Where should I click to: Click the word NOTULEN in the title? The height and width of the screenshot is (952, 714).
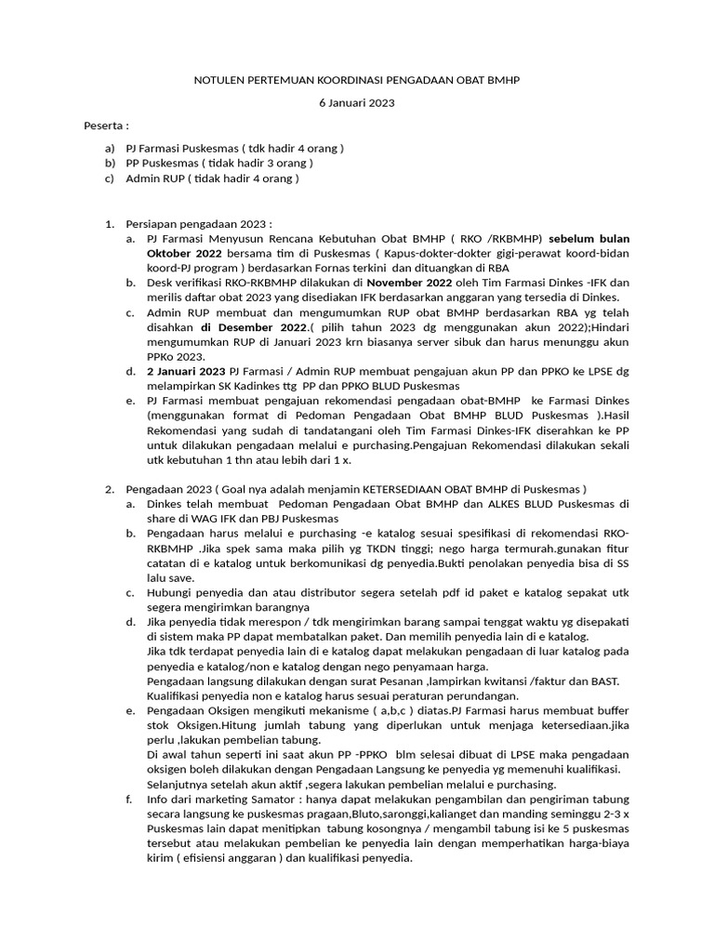[216, 81]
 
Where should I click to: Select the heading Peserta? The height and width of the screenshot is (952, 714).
[105, 126]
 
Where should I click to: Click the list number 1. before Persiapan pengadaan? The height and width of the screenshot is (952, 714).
[108, 223]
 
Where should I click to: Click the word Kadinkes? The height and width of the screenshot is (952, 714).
[257, 386]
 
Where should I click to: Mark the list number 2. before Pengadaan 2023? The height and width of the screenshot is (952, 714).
[108, 489]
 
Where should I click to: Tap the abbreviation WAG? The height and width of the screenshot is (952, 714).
[199, 518]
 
